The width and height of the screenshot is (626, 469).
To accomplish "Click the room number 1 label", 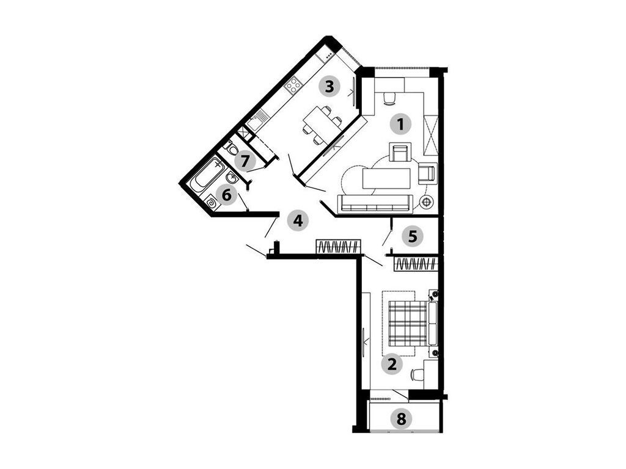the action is click(x=401, y=123).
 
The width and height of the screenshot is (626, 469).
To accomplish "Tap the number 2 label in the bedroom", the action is click(x=392, y=364).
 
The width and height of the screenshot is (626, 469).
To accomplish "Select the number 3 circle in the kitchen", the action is click(x=330, y=87).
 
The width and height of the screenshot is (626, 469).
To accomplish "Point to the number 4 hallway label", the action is click(x=298, y=220).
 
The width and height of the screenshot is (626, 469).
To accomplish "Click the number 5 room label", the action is click(x=413, y=236).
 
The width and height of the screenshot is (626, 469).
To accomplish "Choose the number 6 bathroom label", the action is click(x=226, y=195).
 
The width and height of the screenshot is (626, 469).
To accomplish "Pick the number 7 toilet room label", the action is click(x=245, y=161).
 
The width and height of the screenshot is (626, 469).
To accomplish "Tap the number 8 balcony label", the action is click(x=401, y=419).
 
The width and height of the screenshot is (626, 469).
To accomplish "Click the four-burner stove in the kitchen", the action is click(x=294, y=85).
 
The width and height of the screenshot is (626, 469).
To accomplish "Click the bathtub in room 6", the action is click(x=207, y=175).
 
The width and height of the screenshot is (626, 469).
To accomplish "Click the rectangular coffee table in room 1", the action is click(x=386, y=178).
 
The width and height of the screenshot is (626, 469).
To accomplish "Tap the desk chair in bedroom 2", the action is click(x=417, y=375).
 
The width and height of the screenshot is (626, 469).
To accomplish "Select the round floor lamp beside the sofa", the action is click(x=427, y=202).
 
